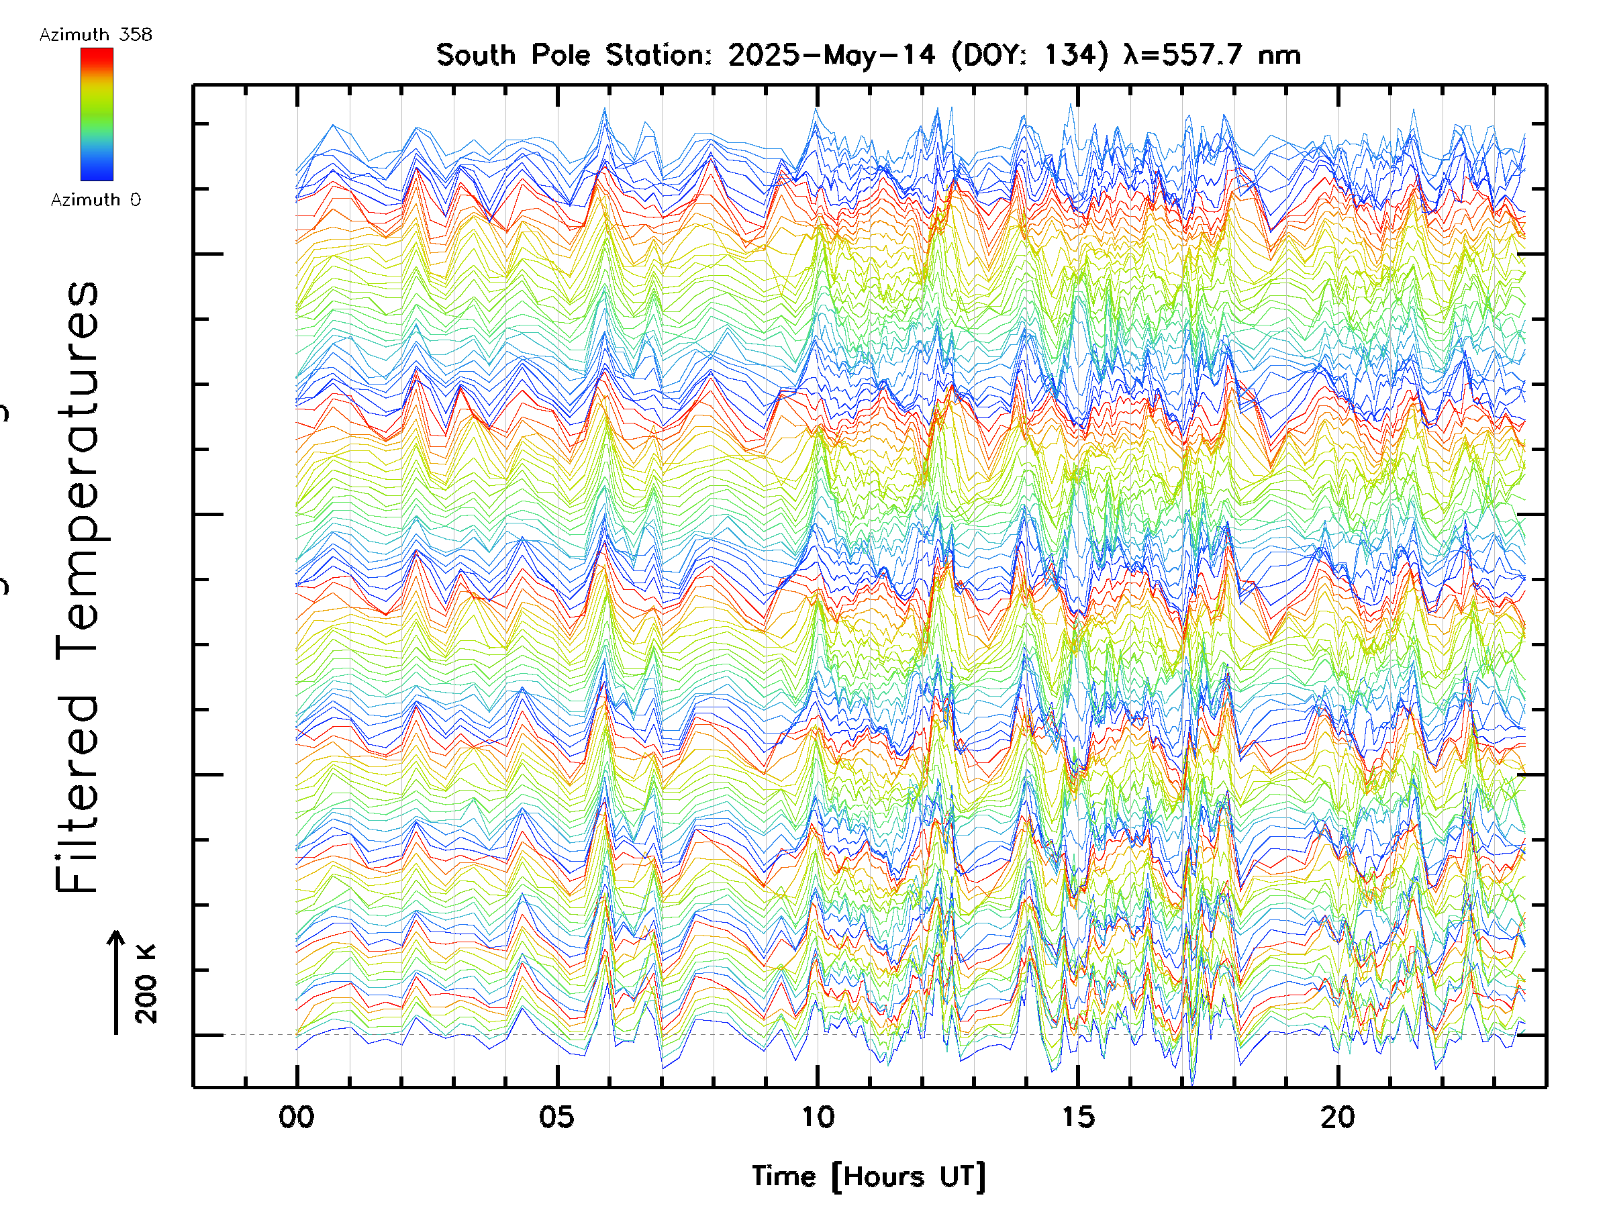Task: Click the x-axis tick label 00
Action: pyautogui.click(x=297, y=1117)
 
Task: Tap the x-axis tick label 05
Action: pyautogui.click(x=557, y=1117)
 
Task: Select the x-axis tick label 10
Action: pyautogui.click(x=817, y=1117)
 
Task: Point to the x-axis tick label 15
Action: pyautogui.click(x=1077, y=1117)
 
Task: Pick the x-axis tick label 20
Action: pyautogui.click(x=1338, y=1117)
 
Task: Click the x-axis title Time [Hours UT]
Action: pyautogui.click(x=868, y=1176)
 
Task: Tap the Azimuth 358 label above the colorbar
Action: pyautogui.click(x=95, y=34)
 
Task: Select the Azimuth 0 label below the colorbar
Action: pyautogui.click(x=95, y=199)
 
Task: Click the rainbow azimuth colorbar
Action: pyautogui.click(x=97, y=114)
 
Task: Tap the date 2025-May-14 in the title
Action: pyautogui.click(x=832, y=54)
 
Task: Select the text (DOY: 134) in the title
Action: pyautogui.click(x=1030, y=54)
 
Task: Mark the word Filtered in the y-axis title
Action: pyautogui.click(x=77, y=794)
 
